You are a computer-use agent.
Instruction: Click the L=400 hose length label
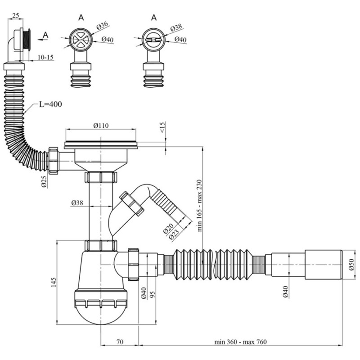coord(50,104)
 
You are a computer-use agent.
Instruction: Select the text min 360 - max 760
coord(241,342)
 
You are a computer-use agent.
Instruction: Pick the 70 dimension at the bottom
coord(119,342)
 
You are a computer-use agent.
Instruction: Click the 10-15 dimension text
coord(45,58)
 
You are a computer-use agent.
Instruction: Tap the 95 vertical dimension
coord(153,295)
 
